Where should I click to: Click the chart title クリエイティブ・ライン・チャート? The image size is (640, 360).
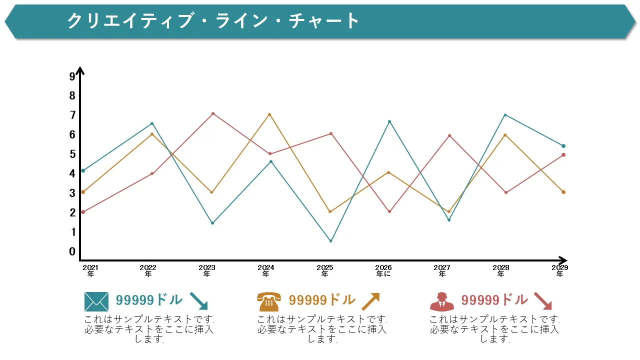[x=213, y=21]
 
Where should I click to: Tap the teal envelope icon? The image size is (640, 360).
[x=96, y=301]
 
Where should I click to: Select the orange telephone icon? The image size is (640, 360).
[x=269, y=301]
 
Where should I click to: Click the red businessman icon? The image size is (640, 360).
[x=442, y=301]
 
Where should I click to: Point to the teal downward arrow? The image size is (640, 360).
[x=198, y=301]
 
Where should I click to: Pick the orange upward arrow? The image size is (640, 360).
[x=370, y=301]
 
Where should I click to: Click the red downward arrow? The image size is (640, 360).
[x=542, y=301]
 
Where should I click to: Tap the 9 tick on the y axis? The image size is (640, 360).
[x=72, y=76]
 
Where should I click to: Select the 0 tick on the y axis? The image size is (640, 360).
[x=72, y=251]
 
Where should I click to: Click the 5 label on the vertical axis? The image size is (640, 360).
[x=72, y=154]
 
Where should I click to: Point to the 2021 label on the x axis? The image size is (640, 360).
[x=90, y=270]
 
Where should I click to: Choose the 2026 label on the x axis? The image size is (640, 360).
[x=383, y=270]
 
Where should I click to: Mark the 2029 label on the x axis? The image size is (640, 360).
[x=560, y=270]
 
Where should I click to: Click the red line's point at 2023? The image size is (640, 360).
[x=213, y=113]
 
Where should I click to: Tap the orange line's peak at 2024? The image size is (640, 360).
[x=269, y=114]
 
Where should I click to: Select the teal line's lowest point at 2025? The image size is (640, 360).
[x=330, y=241]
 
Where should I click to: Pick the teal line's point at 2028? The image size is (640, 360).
[x=505, y=115]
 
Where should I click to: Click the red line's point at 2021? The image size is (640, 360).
[x=83, y=212]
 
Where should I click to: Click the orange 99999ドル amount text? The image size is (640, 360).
[x=322, y=300]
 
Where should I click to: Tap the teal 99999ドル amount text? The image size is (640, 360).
[x=149, y=300]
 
